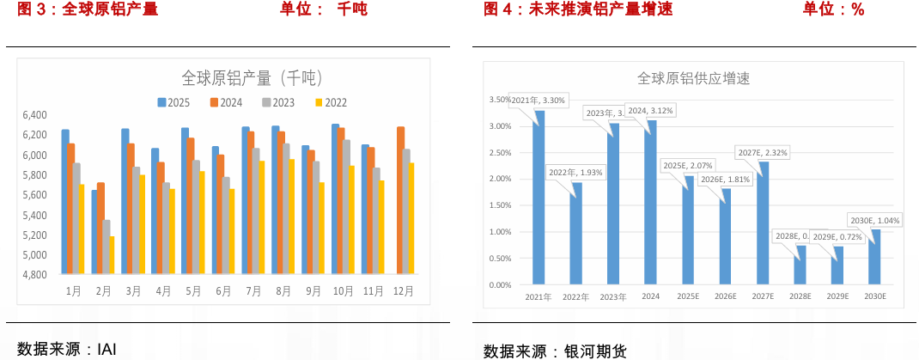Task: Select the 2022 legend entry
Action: pos(331,102)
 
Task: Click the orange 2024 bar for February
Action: pos(101,229)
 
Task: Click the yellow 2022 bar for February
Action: pos(112,256)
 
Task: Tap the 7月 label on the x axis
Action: pos(253,291)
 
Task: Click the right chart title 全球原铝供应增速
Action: pos(693,78)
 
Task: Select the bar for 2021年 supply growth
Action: pos(539,198)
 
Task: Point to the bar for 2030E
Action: pos(874,257)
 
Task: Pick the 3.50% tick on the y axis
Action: pos(500,100)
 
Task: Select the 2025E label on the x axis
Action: pos(688,296)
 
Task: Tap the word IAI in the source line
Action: pos(107,349)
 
